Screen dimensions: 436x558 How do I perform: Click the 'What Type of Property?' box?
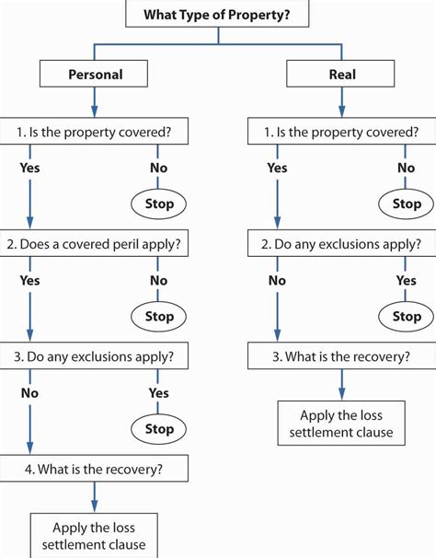click(217, 14)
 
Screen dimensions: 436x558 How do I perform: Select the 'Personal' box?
click(94, 74)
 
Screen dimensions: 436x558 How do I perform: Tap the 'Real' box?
click(340, 74)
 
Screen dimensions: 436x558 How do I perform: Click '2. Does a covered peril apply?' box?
click(94, 243)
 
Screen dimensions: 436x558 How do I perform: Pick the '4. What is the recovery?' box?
click(94, 469)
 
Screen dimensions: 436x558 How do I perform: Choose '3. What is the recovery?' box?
click(342, 355)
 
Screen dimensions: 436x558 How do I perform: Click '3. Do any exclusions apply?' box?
click(94, 355)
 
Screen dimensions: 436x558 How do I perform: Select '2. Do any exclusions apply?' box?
click(342, 243)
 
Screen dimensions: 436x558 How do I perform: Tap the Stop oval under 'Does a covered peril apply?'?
click(158, 317)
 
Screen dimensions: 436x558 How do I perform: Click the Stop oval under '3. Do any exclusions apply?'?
click(158, 429)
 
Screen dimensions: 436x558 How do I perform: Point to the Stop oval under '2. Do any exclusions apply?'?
click(407, 317)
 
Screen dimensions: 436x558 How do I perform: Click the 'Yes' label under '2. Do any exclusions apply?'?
click(407, 281)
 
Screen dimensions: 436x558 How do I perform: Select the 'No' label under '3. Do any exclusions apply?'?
click(29, 393)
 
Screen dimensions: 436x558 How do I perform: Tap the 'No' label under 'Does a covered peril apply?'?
click(158, 281)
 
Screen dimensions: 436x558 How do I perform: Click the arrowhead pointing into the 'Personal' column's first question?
click(94, 111)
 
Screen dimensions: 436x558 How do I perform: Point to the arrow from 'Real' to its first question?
click(342, 102)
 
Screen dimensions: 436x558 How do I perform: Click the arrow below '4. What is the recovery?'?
click(94, 497)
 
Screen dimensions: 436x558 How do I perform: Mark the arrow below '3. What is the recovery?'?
click(342, 385)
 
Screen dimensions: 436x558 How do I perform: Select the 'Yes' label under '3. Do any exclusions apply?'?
click(158, 393)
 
